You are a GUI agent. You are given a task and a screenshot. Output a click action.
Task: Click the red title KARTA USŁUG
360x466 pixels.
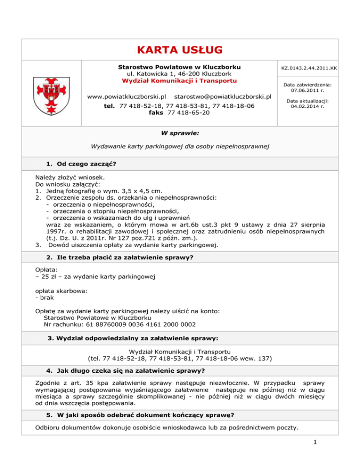coord(180,50)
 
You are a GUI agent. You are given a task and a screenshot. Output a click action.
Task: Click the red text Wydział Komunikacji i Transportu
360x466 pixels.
coord(180,81)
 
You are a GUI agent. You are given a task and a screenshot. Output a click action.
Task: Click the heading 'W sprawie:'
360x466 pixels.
coord(180,133)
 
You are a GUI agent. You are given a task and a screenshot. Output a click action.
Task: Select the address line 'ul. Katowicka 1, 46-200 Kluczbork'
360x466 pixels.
coord(180,74)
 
